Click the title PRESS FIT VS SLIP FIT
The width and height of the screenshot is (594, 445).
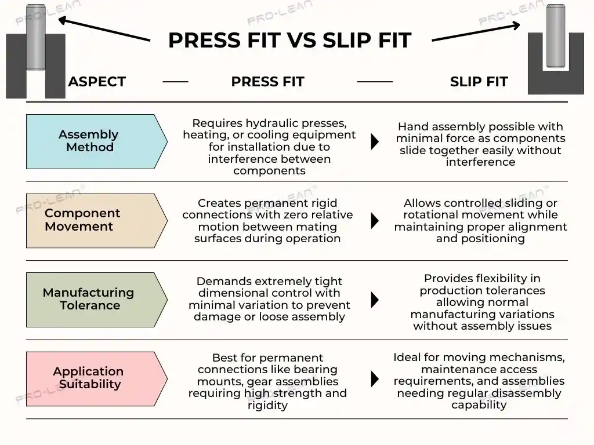tap(289, 41)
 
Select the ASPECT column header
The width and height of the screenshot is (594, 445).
tap(97, 82)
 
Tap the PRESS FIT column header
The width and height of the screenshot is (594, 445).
tap(267, 82)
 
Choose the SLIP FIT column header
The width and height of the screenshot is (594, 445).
tap(479, 82)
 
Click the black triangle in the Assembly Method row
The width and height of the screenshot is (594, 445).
tap(375, 141)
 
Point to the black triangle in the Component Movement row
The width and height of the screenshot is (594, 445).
tap(375, 220)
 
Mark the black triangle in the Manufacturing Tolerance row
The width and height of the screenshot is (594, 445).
tap(375, 300)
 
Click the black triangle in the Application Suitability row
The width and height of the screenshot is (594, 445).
tap(375, 378)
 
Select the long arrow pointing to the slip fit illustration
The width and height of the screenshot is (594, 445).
tap(476, 32)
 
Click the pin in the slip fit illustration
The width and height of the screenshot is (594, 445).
tap(556, 36)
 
